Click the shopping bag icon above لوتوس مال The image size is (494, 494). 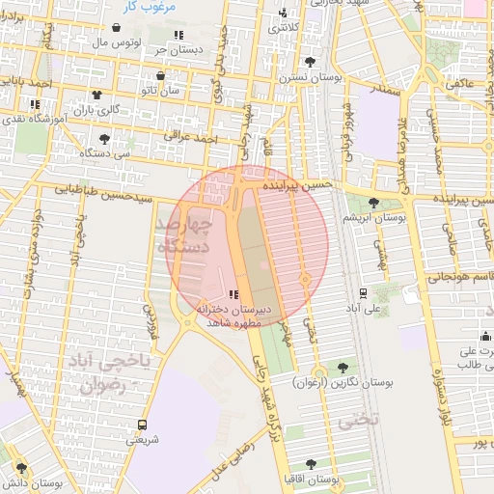tap(117, 29)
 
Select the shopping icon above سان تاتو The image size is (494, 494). tap(160, 75)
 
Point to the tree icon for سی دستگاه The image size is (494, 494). tap(91, 138)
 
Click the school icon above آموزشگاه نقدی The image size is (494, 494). tap(36, 103)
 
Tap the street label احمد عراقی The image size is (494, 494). tap(191, 136)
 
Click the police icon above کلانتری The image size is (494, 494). tap(283, 14)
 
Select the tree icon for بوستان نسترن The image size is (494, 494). tap(309, 62)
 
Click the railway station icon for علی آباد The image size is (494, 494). tap(362, 291)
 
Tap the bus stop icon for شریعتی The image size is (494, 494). tap(143, 424)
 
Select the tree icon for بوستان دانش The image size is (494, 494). tap(21, 468)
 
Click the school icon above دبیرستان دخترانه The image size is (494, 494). tap(233, 294)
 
